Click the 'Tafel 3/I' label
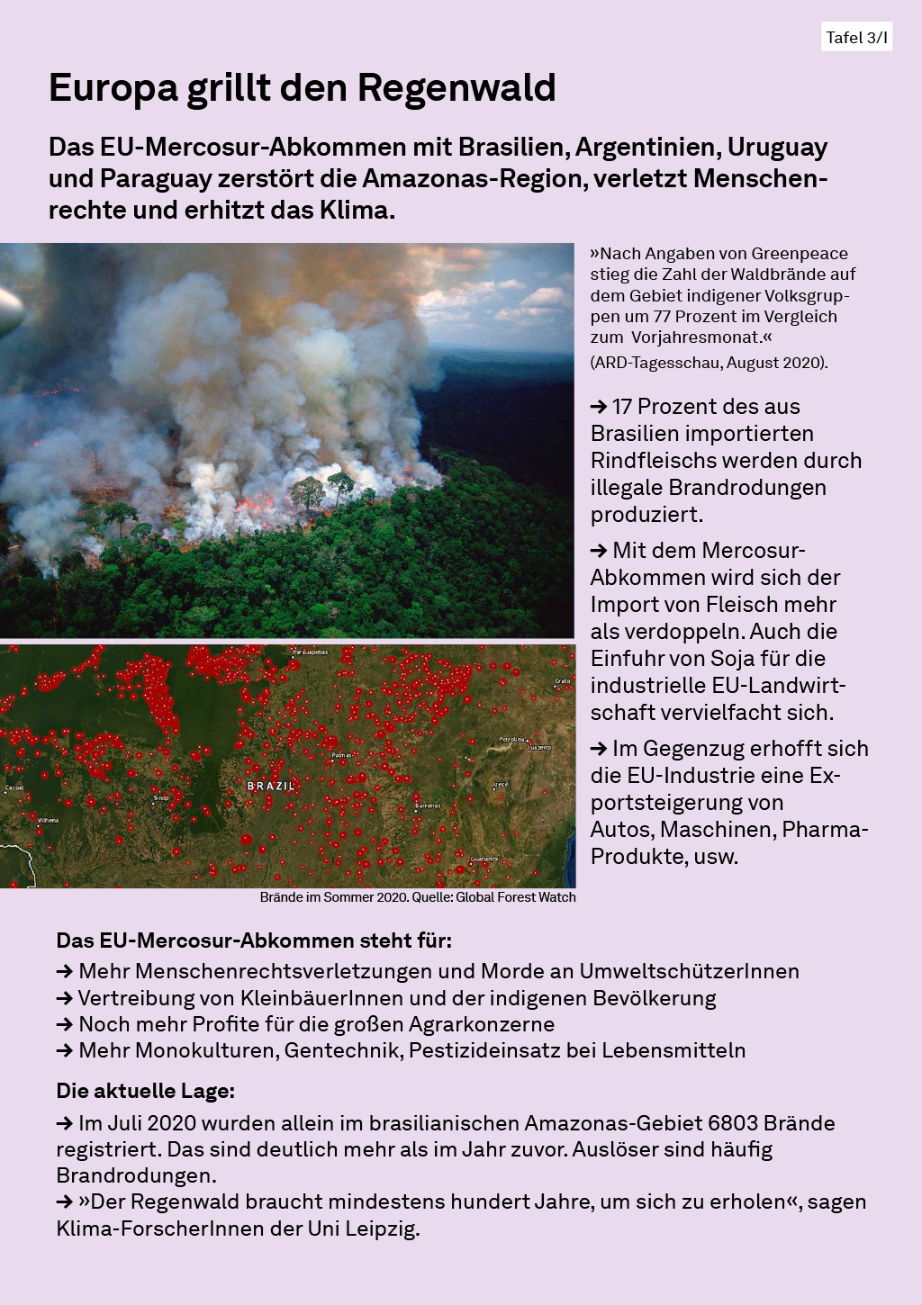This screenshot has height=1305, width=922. point(856,37)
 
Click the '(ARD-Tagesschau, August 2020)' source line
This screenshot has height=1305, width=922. point(709,362)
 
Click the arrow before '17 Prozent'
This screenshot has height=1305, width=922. point(599,407)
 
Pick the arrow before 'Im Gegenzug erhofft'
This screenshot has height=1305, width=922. point(599,749)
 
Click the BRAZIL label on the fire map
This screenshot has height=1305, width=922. point(271,786)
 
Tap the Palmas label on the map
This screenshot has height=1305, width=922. point(341,755)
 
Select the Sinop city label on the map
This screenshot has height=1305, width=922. point(161,797)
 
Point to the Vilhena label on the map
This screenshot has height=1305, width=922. point(48,820)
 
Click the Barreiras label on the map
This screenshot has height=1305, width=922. point(428,805)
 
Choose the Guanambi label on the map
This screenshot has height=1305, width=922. point(484,859)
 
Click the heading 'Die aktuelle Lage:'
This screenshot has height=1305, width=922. point(145,1091)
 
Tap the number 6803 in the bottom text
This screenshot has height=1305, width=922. point(733,1123)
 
